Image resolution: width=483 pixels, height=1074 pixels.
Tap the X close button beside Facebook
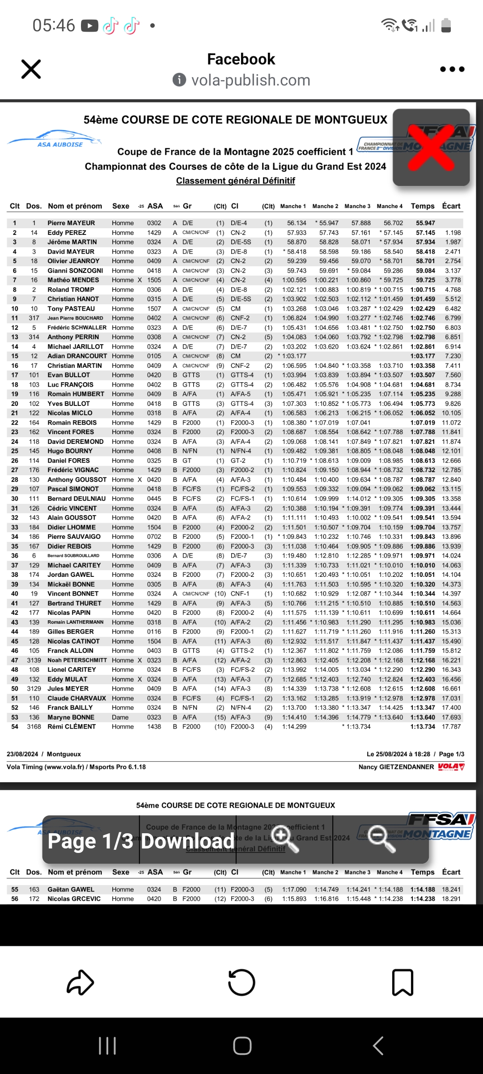click(31, 69)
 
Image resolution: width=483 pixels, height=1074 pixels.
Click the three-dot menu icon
click(452, 69)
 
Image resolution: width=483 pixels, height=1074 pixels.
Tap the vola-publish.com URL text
click(250, 80)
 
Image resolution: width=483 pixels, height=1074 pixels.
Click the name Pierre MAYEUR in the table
click(71, 223)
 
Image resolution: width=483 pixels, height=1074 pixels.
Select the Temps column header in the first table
click(423, 206)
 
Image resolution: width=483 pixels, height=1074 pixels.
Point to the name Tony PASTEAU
click(71, 309)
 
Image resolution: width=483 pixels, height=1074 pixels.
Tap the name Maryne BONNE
click(71, 717)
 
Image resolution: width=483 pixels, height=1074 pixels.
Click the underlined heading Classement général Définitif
click(235, 181)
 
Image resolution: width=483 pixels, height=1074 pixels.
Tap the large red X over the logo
click(431, 147)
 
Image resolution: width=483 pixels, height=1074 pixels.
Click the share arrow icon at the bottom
click(80, 982)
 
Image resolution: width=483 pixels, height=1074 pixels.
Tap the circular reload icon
click(241, 982)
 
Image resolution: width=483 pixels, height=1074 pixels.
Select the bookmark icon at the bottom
click(402, 982)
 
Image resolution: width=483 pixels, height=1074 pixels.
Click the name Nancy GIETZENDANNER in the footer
click(396, 767)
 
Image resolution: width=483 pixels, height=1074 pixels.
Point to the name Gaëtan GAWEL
click(71, 890)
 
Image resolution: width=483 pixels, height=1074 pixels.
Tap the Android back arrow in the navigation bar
click(378, 1046)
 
